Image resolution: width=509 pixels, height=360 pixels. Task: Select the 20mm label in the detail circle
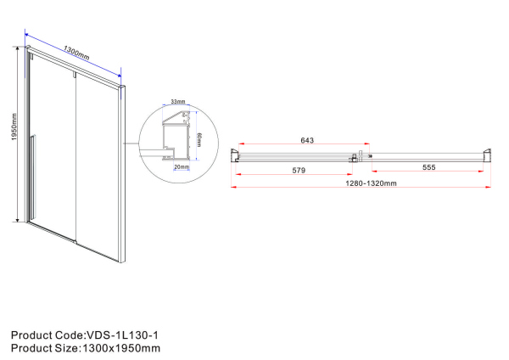182,167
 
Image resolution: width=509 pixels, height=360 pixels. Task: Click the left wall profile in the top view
237,155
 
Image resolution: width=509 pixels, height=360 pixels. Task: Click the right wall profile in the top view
486,155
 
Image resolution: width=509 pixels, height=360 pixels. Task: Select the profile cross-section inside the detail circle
173,136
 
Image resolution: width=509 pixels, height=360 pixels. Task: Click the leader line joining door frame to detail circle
132,143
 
